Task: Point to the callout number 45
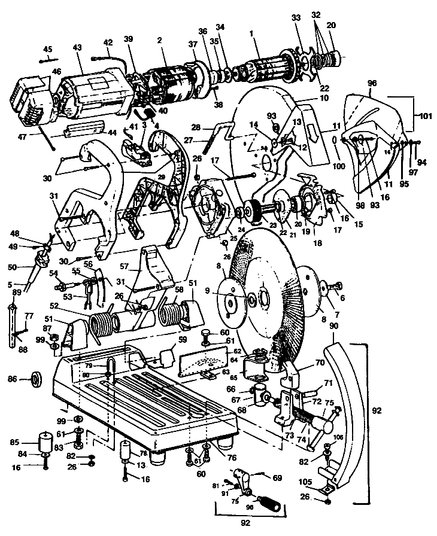point(48,49)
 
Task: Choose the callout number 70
point(320,363)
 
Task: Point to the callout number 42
point(108,42)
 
